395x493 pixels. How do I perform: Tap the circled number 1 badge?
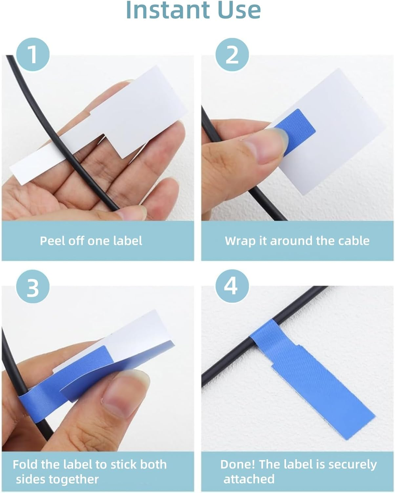click(x=33, y=54)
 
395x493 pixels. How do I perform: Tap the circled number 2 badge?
click(x=232, y=54)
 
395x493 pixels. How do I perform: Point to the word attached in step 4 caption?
click(x=249, y=479)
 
